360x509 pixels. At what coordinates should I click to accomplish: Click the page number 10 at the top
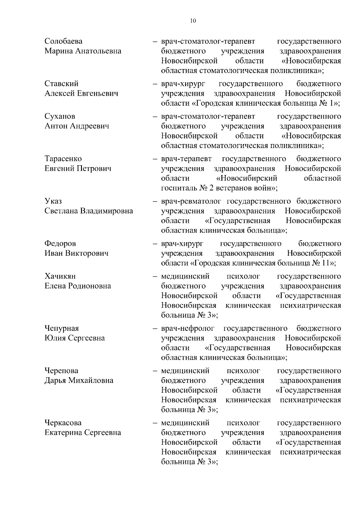[193, 21]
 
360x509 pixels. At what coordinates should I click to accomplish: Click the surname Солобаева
[63, 41]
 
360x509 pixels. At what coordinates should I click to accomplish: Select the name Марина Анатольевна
[83, 51]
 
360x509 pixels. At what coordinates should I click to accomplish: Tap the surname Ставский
[61, 83]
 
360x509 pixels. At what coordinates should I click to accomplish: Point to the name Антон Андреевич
[77, 126]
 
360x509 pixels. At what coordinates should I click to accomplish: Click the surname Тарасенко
[63, 158]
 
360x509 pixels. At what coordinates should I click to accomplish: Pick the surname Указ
[53, 201]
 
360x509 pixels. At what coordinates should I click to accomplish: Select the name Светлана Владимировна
[89, 211]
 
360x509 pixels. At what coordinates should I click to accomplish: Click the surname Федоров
[60, 243]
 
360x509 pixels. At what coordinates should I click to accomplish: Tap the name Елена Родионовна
[78, 286]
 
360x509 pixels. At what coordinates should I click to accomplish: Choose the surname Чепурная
[61, 328]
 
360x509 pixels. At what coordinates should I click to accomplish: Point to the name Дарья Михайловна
[79, 381]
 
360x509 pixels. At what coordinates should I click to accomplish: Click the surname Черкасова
[63, 423]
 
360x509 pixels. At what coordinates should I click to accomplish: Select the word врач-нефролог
[188, 328]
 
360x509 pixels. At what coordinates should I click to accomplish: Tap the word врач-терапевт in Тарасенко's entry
[186, 158]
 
